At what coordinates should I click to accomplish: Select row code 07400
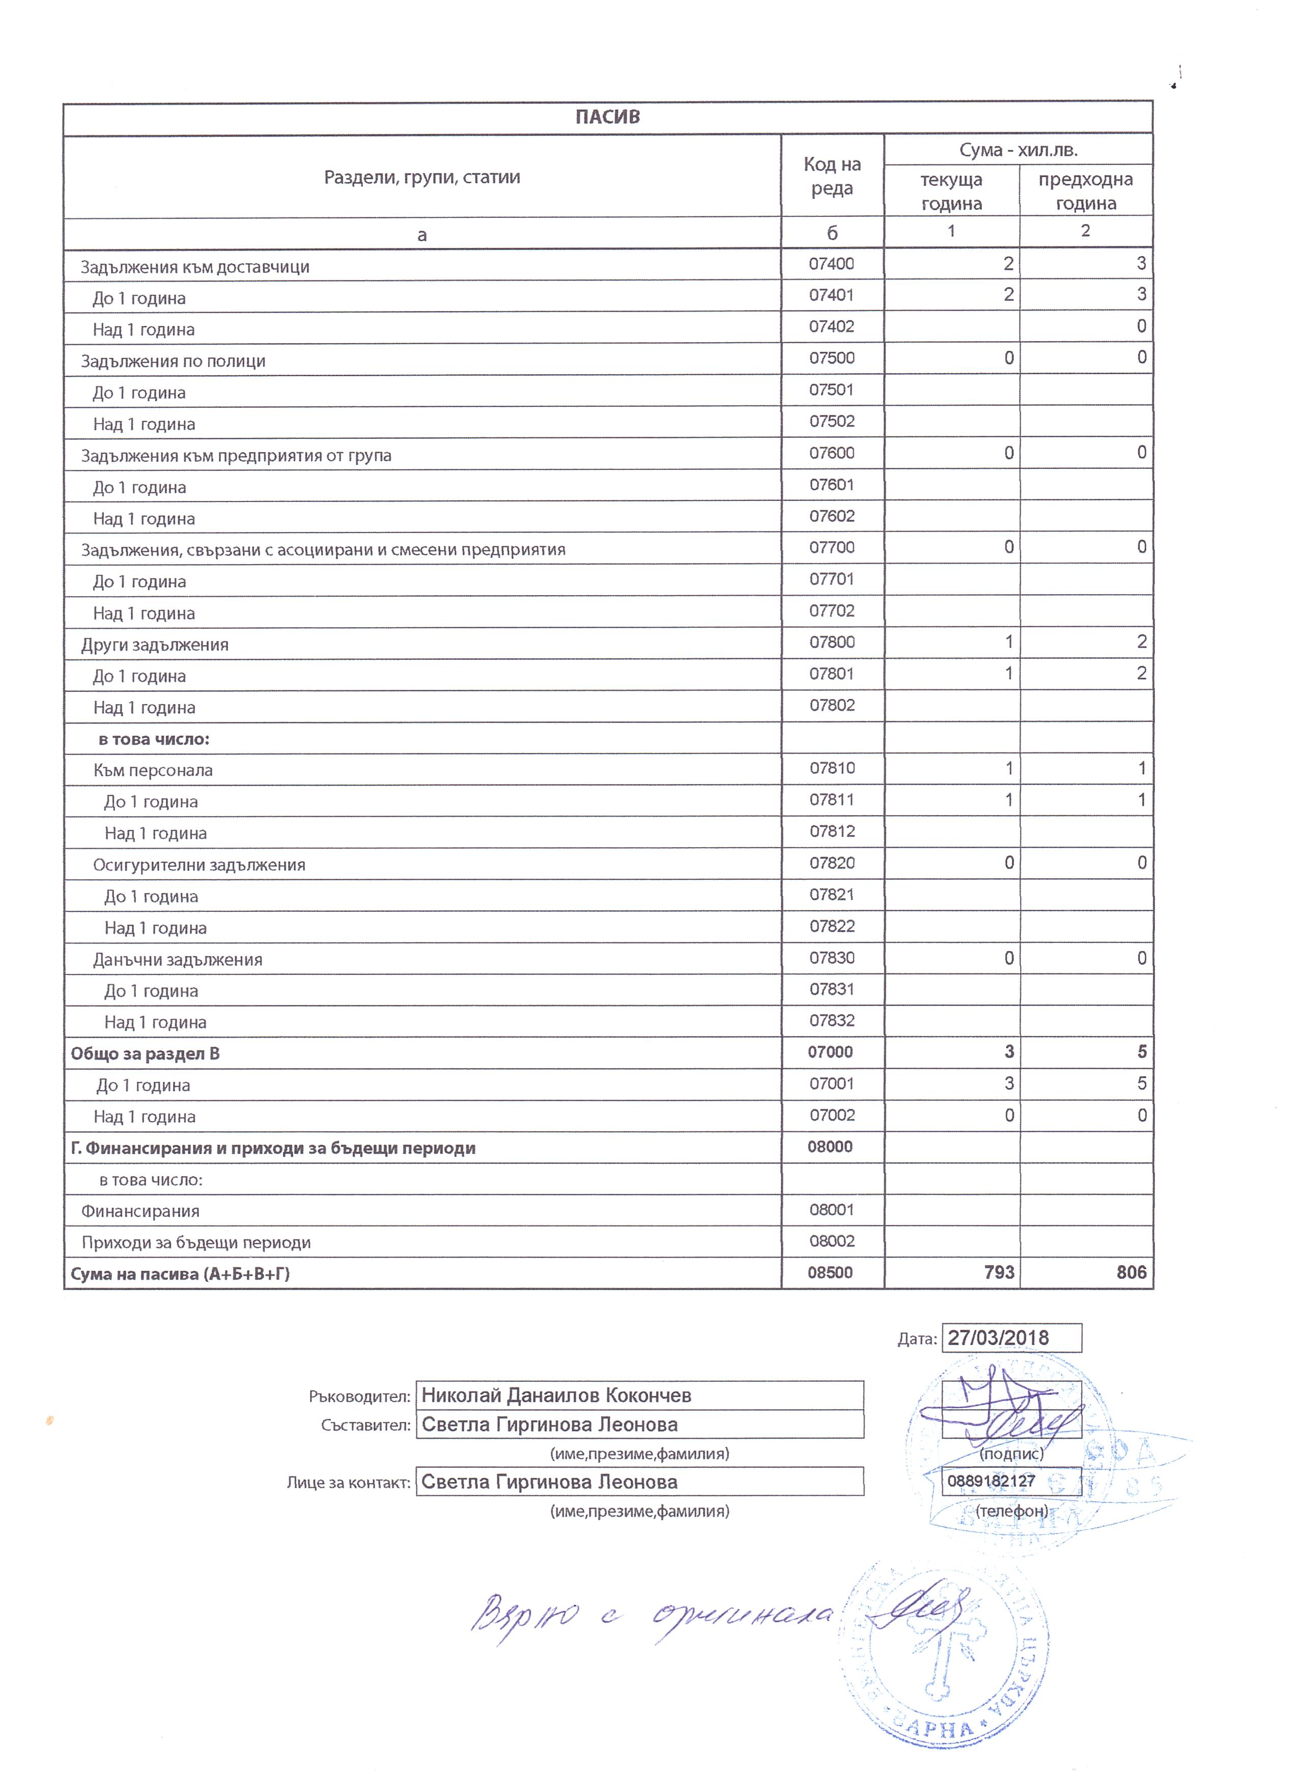tap(831, 264)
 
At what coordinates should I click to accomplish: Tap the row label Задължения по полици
tap(173, 361)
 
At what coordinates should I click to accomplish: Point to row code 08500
tap(830, 1272)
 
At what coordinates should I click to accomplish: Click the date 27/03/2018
tap(998, 1338)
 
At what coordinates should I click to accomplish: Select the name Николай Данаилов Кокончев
tap(556, 1395)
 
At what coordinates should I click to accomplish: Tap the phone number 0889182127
tap(991, 1482)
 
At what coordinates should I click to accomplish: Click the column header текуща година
tap(952, 191)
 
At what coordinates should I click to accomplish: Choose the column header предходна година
tap(1086, 191)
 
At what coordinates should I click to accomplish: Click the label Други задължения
tap(155, 645)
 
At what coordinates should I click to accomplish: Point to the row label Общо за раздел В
tap(145, 1053)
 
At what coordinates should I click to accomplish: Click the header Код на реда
tap(832, 177)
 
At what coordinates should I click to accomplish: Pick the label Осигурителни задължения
tap(200, 864)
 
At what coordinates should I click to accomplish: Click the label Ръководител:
tap(359, 1397)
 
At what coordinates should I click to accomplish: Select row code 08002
tap(832, 1241)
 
